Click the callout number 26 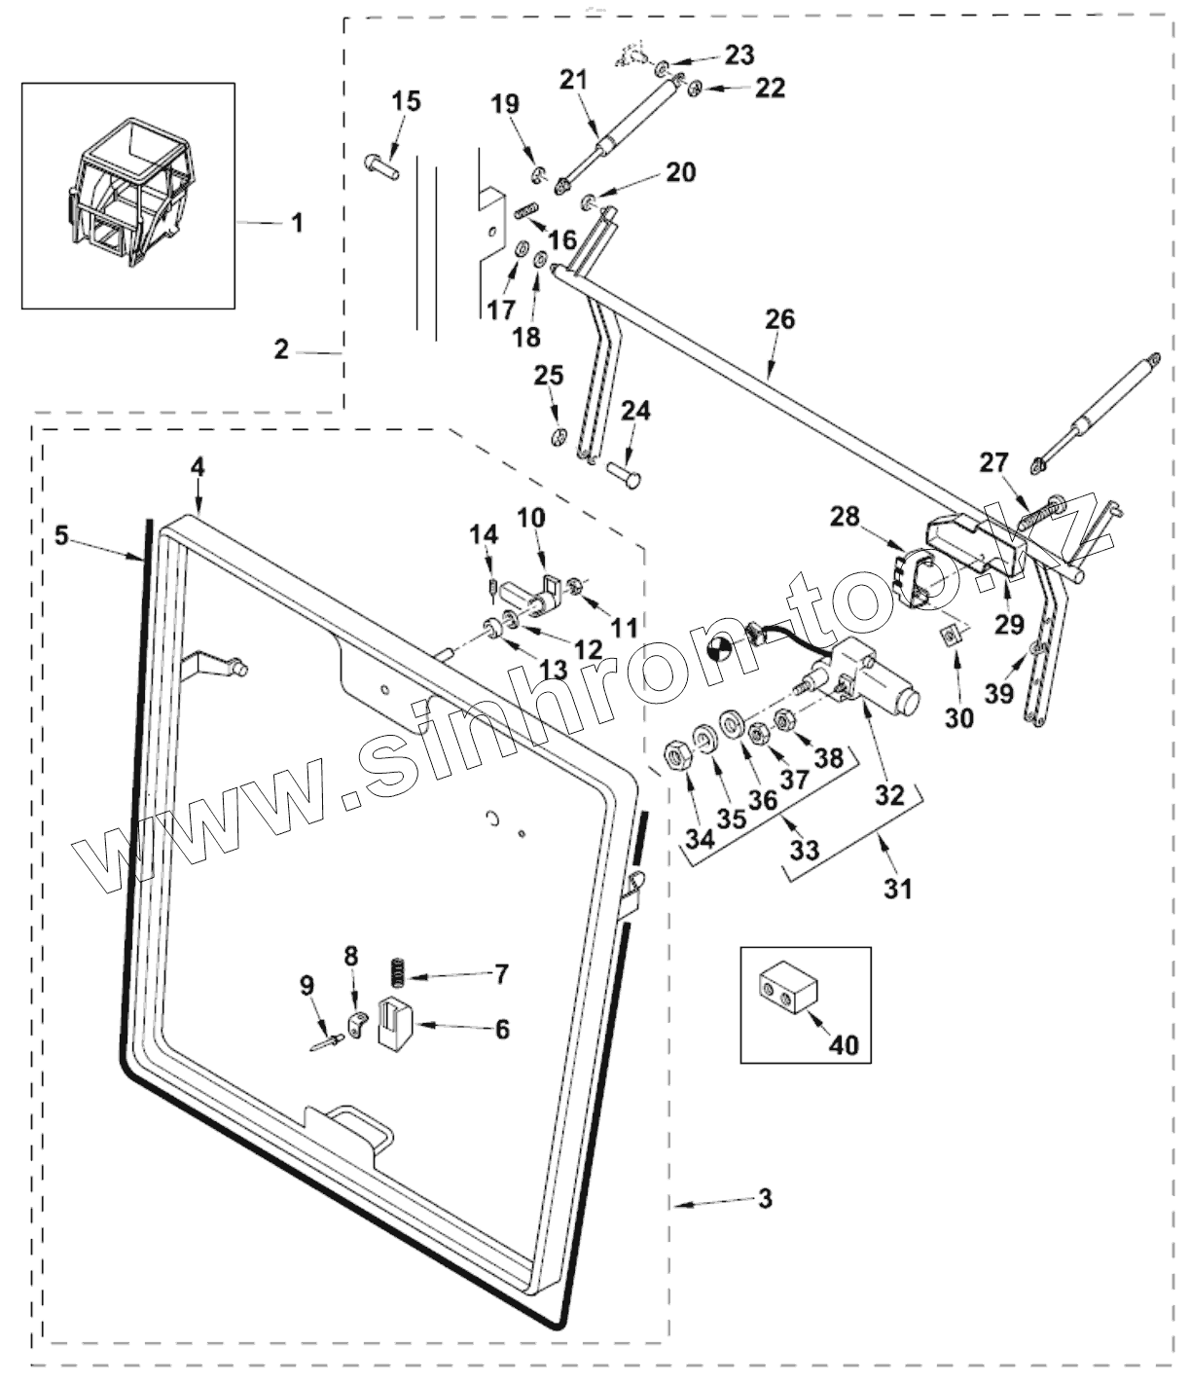780,320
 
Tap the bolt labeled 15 382,165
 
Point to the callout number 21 574,80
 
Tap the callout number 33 804,850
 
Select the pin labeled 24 624,474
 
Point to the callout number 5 61,536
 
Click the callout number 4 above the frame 198,467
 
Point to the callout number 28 846,517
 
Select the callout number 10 531,518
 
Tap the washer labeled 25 559,438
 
